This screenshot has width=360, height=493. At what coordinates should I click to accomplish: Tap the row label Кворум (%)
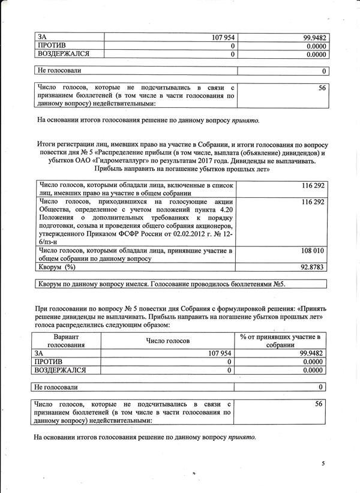[x=57, y=266]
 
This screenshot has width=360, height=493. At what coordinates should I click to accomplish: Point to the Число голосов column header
[x=168, y=340]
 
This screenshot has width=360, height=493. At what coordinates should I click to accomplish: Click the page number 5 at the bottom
[x=323, y=463]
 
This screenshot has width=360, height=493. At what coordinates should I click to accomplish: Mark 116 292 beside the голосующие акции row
[x=312, y=203]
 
